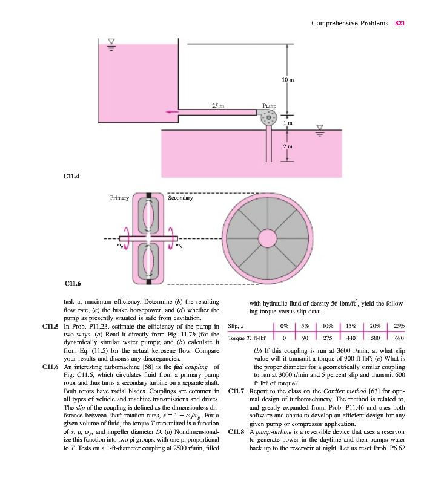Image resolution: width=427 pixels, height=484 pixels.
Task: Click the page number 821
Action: click(x=400, y=23)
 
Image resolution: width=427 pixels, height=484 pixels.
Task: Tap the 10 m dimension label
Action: click(x=288, y=80)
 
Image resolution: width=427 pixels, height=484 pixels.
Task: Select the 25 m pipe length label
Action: click(x=218, y=105)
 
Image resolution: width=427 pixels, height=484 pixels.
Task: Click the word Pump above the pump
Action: click(x=269, y=105)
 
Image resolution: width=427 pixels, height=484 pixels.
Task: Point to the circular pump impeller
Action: click(x=268, y=119)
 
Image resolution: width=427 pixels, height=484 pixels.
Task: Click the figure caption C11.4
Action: click(x=72, y=177)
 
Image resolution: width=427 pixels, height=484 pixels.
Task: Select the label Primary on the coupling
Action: click(x=119, y=198)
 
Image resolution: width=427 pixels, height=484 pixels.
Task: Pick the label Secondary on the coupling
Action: click(x=180, y=198)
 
